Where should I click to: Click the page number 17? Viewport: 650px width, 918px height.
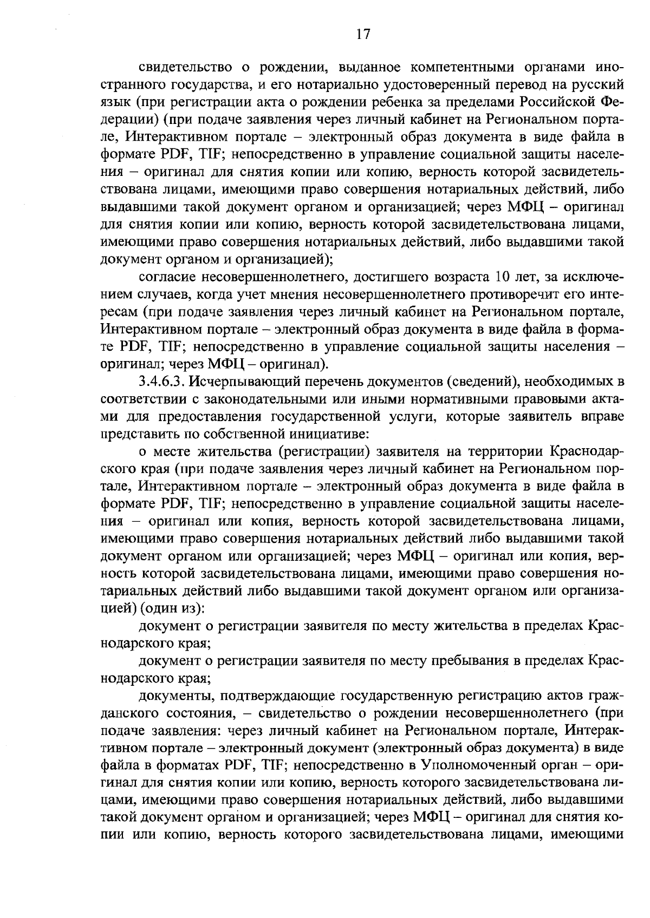coord(363,35)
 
